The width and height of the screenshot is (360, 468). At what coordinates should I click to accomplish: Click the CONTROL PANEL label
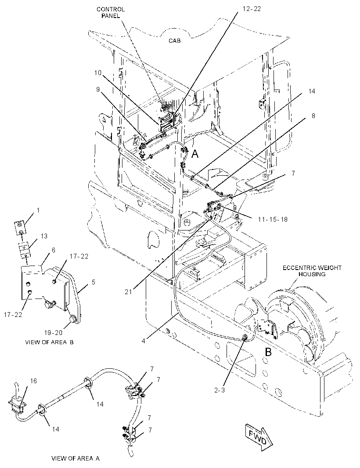(x=111, y=13)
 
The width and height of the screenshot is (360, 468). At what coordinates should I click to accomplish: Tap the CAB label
(x=175, y=40)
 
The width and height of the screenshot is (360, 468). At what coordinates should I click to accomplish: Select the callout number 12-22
(x=252, y=9)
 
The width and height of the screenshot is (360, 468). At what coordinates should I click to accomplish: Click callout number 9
(x=98, y=90)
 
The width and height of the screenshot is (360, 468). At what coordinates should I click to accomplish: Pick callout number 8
(x=313, y=115)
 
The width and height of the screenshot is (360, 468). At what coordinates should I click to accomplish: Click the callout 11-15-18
(x=273, y=220)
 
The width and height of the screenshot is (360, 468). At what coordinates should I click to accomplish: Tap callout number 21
(x=128, y=292)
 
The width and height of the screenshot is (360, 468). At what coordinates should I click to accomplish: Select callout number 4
(x=144, y=341)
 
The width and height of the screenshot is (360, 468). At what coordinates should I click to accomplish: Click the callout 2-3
(x=220, y=390)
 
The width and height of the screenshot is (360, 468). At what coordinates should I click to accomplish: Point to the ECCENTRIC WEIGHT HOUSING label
(x=312, y=271)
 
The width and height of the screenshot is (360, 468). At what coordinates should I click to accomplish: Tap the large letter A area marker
(x=194, y=154)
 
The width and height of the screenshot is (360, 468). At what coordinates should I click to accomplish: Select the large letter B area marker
(x=268, y=352)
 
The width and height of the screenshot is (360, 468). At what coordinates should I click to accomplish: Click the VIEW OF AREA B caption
(x=49, y=342)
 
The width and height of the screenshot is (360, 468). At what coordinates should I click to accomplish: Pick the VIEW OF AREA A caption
(x=76, y=458)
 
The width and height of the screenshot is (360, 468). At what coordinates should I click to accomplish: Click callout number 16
(x=33, y=381)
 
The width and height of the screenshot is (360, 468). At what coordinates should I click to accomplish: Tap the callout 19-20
(x=54, y=333)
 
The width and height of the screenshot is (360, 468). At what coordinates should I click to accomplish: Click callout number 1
(x=38, y=210)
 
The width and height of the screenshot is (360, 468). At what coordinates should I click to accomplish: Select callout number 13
(x=44, y=236)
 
